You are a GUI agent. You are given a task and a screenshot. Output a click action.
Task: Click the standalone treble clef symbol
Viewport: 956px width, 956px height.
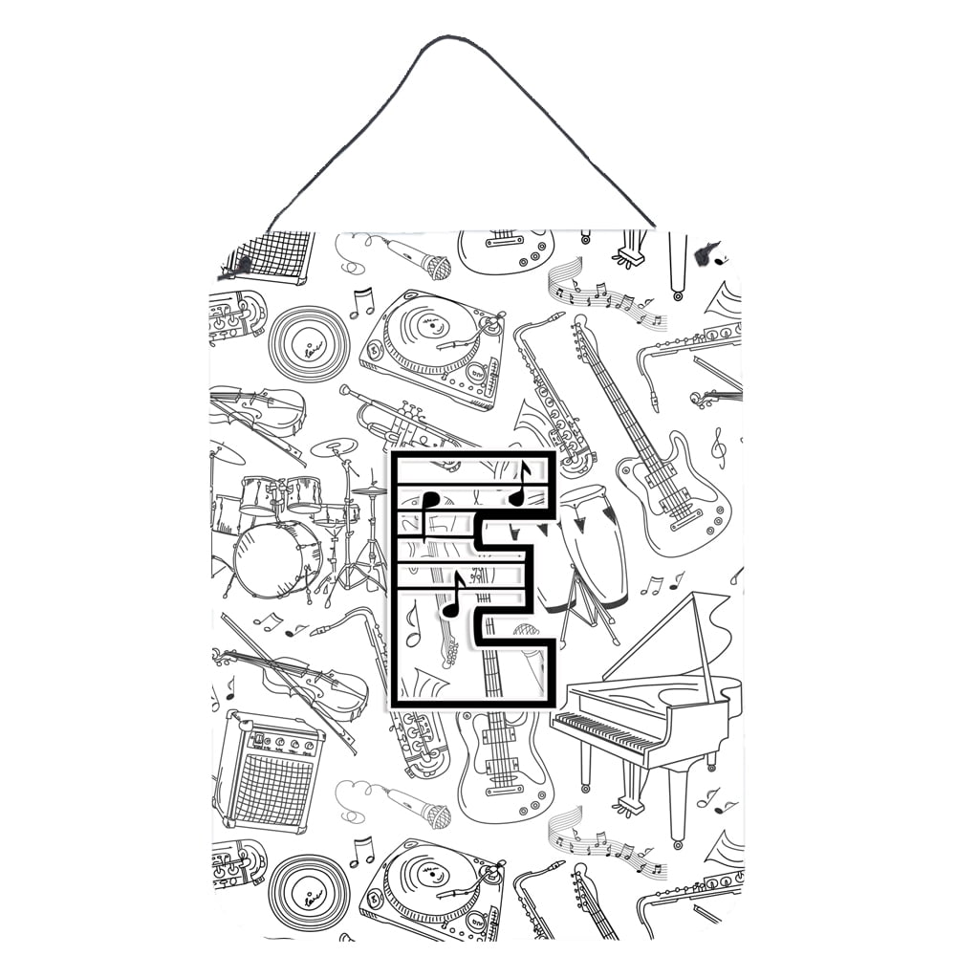[x=718, y=446]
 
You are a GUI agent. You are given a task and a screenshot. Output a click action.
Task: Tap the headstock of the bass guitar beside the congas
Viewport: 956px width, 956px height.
[x=579, y=330]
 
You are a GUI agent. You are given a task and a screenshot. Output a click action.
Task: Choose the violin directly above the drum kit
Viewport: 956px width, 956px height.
[x=258, y=409]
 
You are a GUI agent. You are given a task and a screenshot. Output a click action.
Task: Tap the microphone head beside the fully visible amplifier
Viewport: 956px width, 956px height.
[x=436, y=815]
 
